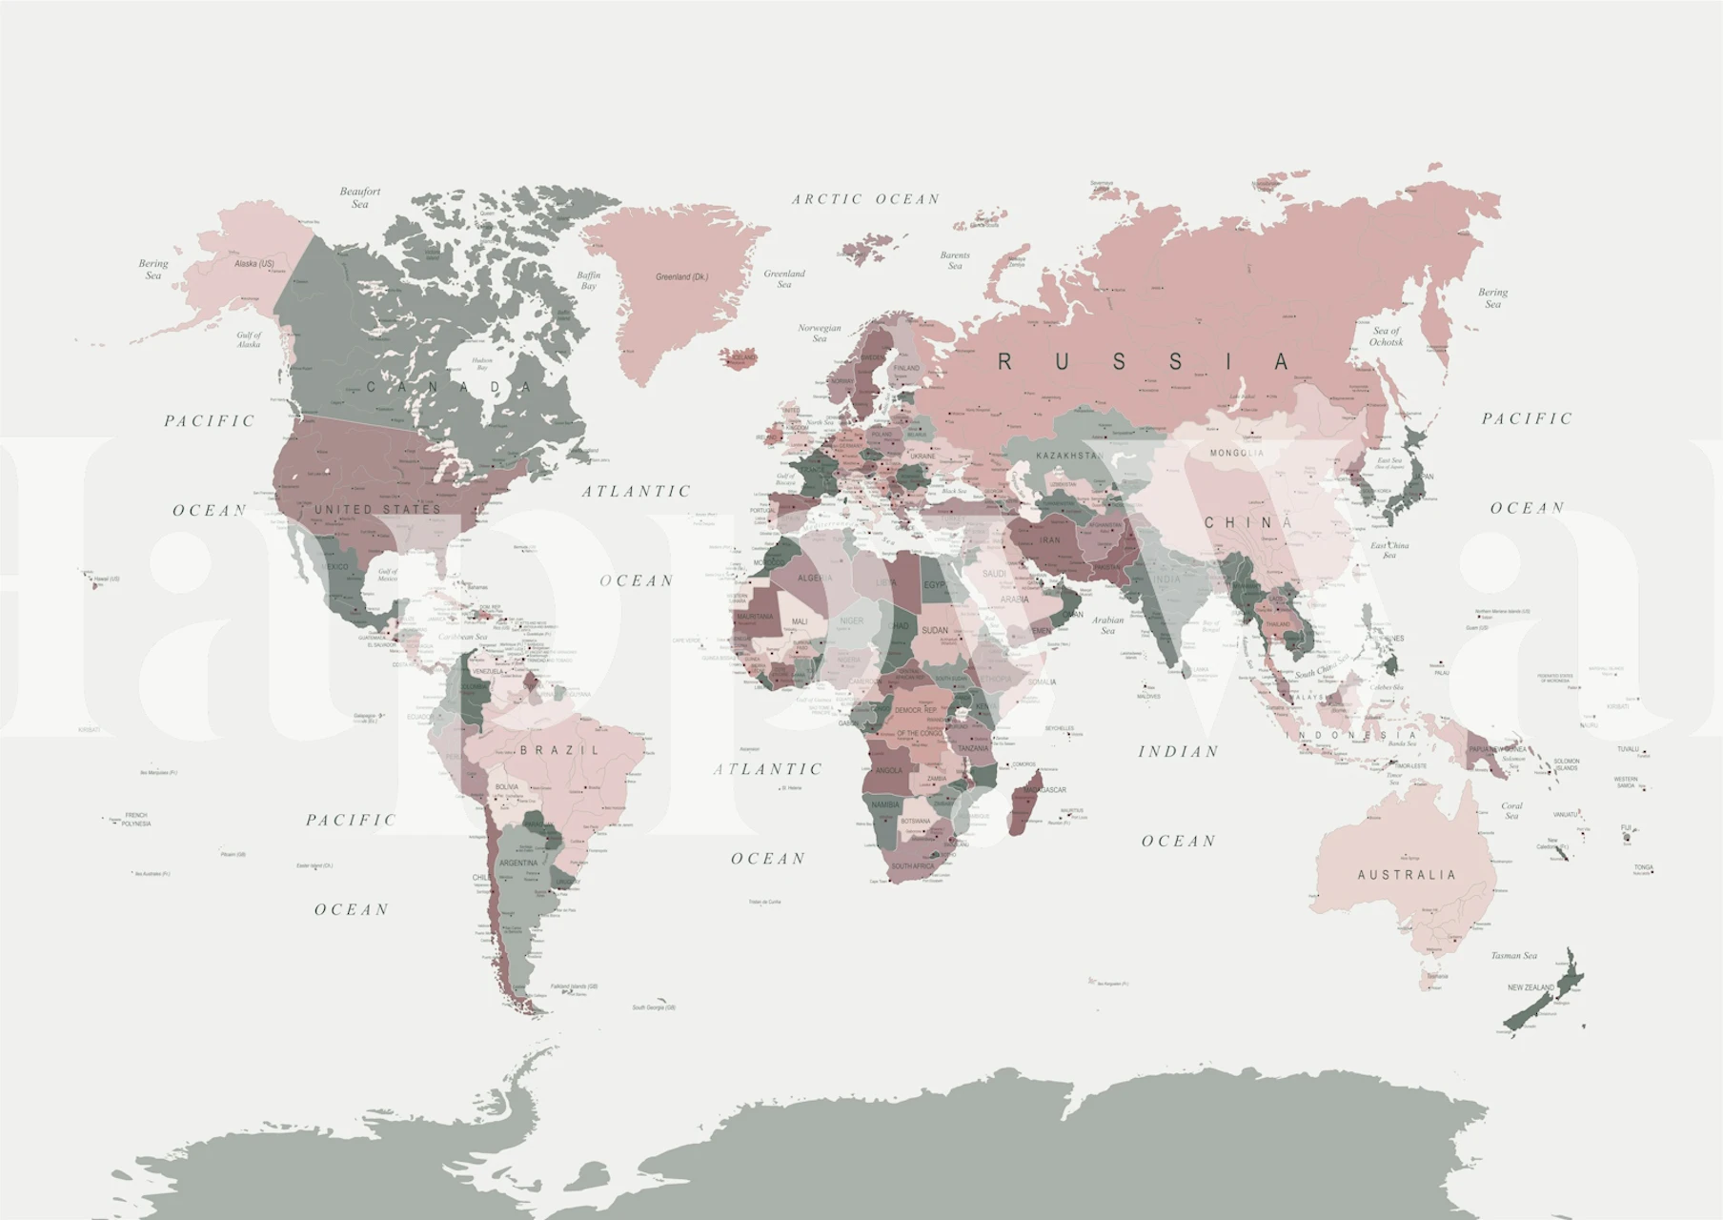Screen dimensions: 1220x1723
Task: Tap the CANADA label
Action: click(449, 387)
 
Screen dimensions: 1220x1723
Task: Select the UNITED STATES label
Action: click(378, 510)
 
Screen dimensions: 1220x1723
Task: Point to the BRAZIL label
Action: click(560, 751)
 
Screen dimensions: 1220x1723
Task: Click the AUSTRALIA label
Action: click(1407, 875)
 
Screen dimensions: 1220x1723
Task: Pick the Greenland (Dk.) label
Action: click(681, 277)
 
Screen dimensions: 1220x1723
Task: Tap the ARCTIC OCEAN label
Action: click(865, 199)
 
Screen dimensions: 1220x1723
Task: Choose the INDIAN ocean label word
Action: click(1179, 752)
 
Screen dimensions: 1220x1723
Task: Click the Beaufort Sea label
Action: click(360, 197)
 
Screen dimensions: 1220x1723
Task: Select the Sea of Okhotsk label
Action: click(1387, 336)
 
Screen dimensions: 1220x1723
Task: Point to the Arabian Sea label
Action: click(1107, 625)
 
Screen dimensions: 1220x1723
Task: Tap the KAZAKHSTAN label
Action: click(1068, 456)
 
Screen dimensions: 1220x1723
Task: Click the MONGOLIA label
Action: click(1237, 453)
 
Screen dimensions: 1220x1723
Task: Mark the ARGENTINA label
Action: click(518, 864)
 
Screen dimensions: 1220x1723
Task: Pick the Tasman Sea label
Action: click(1514, 956)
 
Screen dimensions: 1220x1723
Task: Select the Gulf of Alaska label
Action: click(249, 339)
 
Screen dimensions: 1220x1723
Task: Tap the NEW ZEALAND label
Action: click(1530, 987)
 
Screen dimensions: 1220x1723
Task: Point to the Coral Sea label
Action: click(1511, 811)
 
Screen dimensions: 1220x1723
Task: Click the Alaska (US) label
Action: click(254, 264)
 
